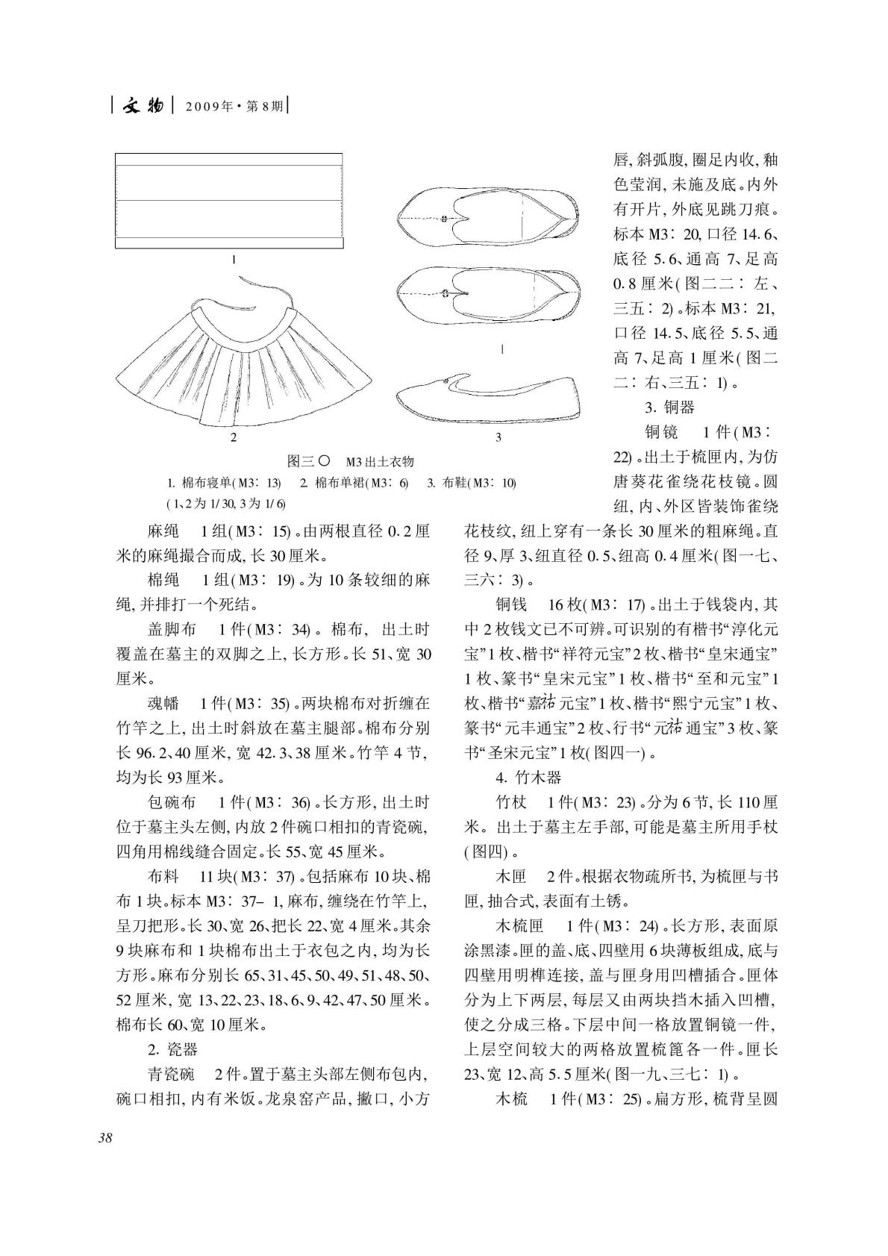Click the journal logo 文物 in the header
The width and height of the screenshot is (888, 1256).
(x=142, y=107)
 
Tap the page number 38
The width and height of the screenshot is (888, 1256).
(x=104, y=1138)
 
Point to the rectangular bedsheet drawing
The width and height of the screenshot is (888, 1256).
(x=229, y=201)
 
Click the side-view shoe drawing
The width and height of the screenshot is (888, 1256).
(x=490, y=399)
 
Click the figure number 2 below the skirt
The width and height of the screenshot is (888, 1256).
(x=234, y=437)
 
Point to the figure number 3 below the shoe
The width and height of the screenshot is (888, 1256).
(x=498, y=437)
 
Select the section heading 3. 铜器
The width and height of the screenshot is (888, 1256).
(x=669, y=407)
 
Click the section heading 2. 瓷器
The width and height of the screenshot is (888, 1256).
(x=172, y=1049)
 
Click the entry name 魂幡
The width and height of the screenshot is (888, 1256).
(x=163, y=703)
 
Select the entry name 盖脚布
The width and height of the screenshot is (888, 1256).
(x=172, y=628)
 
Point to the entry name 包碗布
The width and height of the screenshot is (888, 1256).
(x=172, y=802)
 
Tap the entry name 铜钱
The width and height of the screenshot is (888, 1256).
(x=512, y=604)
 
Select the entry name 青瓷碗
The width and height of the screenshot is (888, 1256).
(x=172, y=1075)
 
